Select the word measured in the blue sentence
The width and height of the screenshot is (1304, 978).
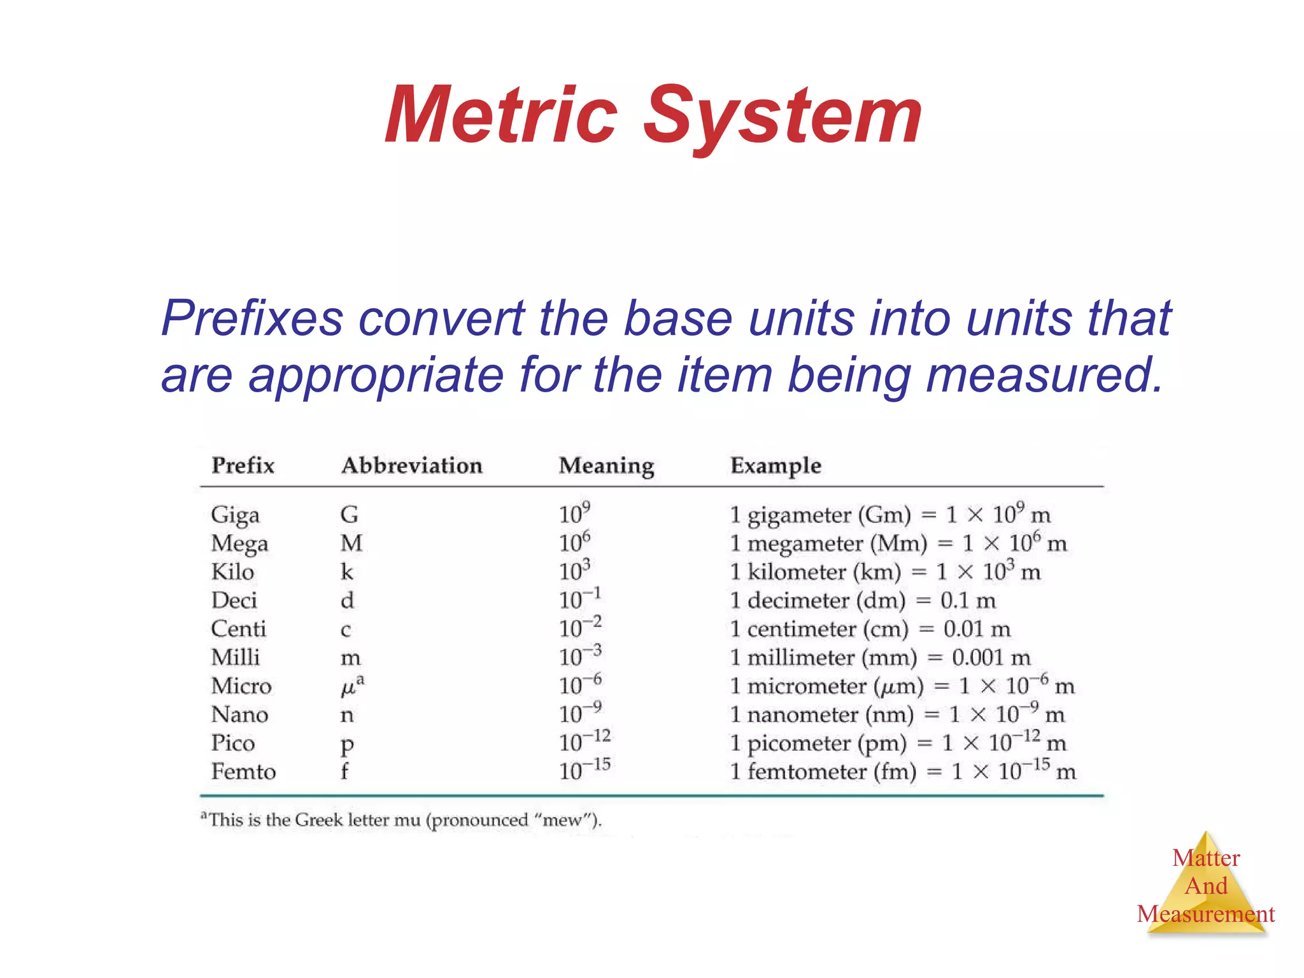click(1044, 374)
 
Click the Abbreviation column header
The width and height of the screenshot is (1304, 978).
click(411, 465)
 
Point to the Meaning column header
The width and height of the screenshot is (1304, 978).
click(606, 465)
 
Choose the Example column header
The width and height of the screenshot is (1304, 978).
click(776, 465)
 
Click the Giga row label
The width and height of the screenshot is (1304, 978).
click(235, 514)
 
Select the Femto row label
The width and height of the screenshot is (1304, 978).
click(243, 772)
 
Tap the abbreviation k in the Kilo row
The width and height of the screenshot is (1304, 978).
click(346, 572)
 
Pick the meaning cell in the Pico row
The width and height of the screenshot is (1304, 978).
click(585, 742)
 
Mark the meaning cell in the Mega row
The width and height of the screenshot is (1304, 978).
click(574, 542)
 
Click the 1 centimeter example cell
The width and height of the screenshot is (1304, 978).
click(870, 629)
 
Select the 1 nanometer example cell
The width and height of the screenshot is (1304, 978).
click(896, 714)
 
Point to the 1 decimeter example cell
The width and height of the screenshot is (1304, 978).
click(862, 600)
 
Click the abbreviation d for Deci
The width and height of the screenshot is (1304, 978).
click(347, 600)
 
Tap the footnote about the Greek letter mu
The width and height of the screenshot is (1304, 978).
click(401, 820)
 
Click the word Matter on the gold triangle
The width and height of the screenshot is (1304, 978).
click(1206, 858)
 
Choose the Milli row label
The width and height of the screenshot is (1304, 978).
click(235, 657)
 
